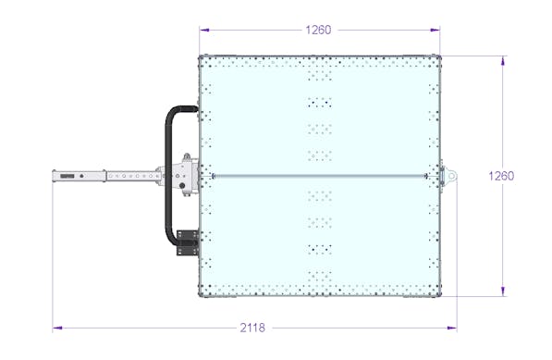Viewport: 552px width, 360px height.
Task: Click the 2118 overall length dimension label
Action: (252, 328)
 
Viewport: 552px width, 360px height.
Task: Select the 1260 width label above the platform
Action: (318, 30)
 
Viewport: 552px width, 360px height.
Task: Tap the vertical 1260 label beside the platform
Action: (501, 176)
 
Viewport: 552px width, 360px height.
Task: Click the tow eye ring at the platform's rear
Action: (451, 175)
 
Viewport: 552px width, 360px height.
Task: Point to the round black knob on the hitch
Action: (182, 186)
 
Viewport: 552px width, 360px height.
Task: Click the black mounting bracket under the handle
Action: (188, 242)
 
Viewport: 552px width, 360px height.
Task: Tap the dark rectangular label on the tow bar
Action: (67, 176)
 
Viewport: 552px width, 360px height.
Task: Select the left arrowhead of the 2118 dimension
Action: (57, 328)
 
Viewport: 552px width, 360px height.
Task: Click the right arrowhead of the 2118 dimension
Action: (452, 328)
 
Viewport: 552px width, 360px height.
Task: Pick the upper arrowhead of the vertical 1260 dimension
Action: (503, 60)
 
